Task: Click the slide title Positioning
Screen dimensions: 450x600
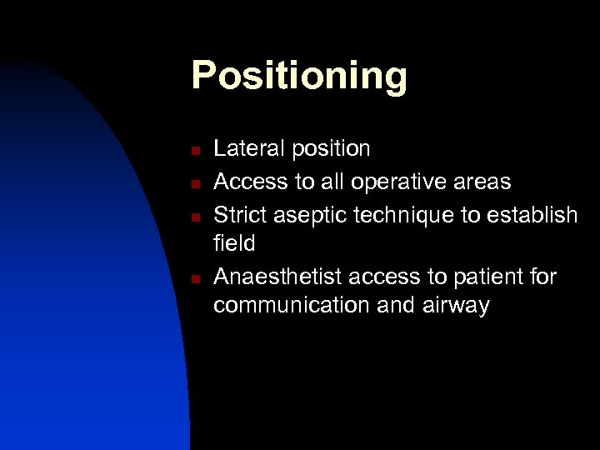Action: [x=299, y=76]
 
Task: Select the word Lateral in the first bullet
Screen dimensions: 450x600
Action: [x=247, y=149]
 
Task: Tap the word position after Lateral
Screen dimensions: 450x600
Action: [x=329, y=150]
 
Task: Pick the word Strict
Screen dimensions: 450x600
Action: [x=240, y=215]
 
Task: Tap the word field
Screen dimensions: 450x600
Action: [x=234, y=244]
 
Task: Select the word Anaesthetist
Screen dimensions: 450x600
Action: [x=279, y=276]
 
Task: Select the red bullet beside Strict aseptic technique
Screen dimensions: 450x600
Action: [x=193, y=217]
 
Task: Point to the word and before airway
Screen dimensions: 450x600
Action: [x=394, y=306]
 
